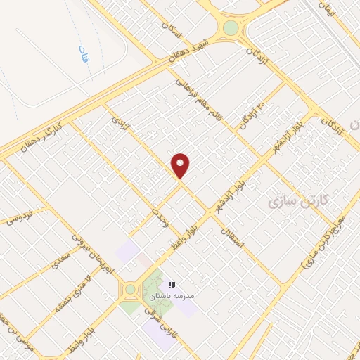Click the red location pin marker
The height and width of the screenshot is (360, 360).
click(x=181, y=166)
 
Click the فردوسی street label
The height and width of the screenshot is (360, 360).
click(x=22, y=219)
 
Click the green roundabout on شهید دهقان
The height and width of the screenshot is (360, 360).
click(x=231, y=28)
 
